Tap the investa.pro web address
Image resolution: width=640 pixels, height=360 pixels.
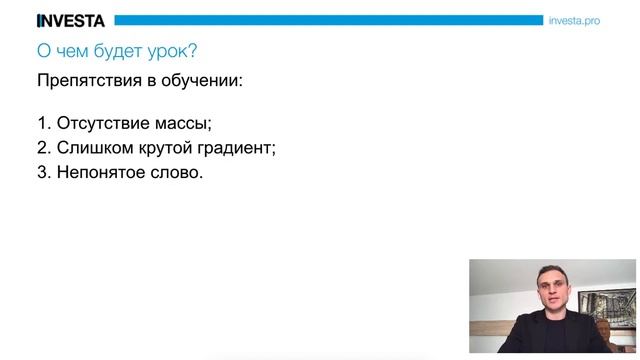(574, 20)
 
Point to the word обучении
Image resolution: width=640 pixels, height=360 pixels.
(206, 81)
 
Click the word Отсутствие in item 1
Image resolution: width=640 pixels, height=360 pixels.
(96, 124)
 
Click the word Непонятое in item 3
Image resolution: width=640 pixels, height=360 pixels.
(96, 172)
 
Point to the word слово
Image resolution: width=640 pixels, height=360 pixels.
(174, 172)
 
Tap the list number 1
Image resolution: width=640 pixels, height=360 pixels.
(42, 124)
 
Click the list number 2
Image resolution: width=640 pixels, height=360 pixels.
(42, 148)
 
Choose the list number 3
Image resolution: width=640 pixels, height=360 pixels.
(42, 172)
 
